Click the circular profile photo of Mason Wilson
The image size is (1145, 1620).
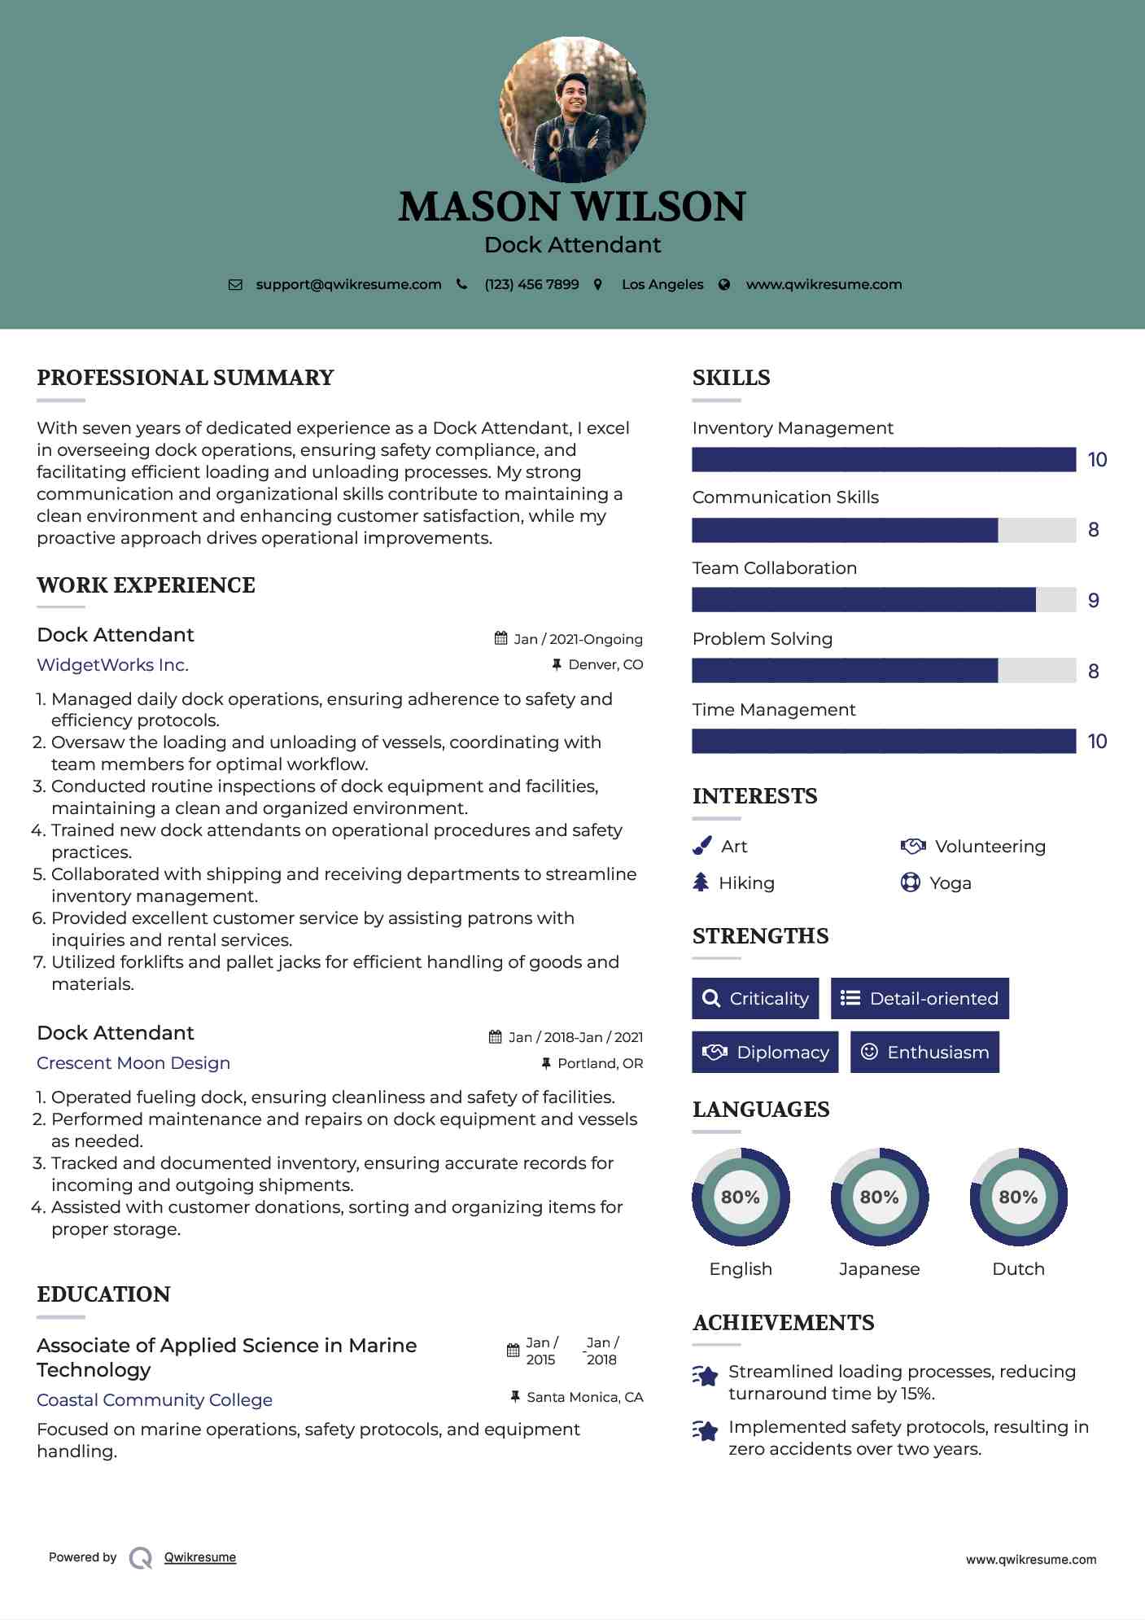[572, 108]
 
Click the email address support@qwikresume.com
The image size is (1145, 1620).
[348, 285]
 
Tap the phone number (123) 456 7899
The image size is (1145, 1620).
[531, 285]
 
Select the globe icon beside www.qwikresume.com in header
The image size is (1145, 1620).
[724, 285]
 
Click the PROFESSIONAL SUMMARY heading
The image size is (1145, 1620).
[186, 378]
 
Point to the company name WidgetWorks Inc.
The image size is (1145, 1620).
[112, 665]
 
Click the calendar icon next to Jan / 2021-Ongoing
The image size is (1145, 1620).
[501, 638]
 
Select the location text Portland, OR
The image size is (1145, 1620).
[600, 1063]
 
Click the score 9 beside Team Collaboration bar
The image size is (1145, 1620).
[1093, 601]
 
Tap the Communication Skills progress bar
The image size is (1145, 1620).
[883, 530]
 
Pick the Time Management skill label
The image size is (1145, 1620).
[773, 710]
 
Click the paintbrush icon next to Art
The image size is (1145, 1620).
[701, 847]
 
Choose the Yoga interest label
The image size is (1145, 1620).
[950, 883]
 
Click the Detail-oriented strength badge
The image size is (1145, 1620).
[920, 999]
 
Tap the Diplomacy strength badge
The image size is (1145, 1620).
[765, 1053]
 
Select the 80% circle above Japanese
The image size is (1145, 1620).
[879, 1197]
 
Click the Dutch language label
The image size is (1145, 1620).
[1018, 1269]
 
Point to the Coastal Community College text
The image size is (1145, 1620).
[155, 1400]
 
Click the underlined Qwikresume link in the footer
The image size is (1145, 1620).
[200, 1557]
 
